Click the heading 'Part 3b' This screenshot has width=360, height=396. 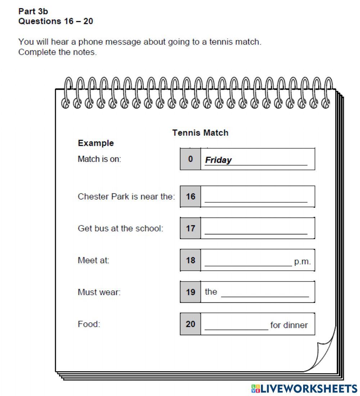(33, 12)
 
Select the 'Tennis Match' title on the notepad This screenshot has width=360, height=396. (200, 133)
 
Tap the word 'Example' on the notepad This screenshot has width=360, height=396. (96, 143)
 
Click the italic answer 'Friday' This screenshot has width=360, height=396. (219, 160)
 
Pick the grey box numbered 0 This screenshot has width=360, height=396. (190, 159)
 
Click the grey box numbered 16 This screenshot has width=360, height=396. (190, 197)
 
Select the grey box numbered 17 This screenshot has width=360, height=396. (190, 228)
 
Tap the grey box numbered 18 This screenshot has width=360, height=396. (190, 260)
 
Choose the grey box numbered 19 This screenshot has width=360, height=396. (190, 292)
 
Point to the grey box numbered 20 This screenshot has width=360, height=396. (190, 324)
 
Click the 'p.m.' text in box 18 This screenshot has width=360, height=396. (302, 262)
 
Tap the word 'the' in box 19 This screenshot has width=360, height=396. (211, 292)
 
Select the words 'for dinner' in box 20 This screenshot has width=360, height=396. (289, 325)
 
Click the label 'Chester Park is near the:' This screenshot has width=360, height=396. (126, 197)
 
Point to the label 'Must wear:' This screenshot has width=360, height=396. (99, 292)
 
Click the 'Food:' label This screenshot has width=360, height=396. (89, 324)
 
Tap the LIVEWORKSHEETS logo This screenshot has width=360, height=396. (304, 388)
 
